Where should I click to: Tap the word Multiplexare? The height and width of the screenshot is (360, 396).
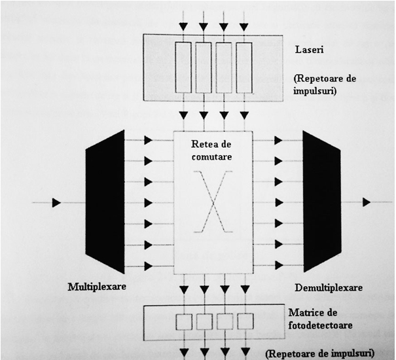[x=97, y=287]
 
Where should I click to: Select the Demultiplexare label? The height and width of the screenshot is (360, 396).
[x=329, y=287]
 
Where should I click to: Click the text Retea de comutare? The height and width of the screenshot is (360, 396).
[x=211, y=151]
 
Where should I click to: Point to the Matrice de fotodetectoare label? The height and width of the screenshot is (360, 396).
[x=320, y=319]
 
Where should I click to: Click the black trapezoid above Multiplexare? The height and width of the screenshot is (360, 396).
[x=105, y=202]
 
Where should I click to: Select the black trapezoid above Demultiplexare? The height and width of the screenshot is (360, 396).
[x=322, y=202]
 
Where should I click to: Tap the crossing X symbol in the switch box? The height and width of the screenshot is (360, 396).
[x=213, y=202]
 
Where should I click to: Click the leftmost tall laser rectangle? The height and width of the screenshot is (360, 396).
[x=183, y=67]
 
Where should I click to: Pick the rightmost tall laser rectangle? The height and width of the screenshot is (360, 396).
[x=244, y=67]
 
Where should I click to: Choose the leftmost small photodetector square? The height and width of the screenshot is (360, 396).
[x=184, y=321]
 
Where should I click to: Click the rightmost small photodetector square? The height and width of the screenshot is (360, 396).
[x=245, y=321]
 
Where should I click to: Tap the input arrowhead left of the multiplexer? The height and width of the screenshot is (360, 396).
[x=56, y=203]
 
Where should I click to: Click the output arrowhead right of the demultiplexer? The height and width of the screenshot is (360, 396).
[x=367, y=202]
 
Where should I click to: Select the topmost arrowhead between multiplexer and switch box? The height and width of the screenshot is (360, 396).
[x=148, y=140]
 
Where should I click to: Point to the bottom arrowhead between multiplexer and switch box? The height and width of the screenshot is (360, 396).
[x=148, y=266]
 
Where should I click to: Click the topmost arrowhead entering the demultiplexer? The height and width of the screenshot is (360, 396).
[x=279, y=140]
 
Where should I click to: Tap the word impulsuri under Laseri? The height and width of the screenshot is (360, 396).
[x=315, y=91]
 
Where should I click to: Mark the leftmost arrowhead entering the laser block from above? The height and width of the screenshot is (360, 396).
[x=184, y=27]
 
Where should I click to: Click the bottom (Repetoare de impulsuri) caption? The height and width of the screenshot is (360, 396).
[x=320, y=353]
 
